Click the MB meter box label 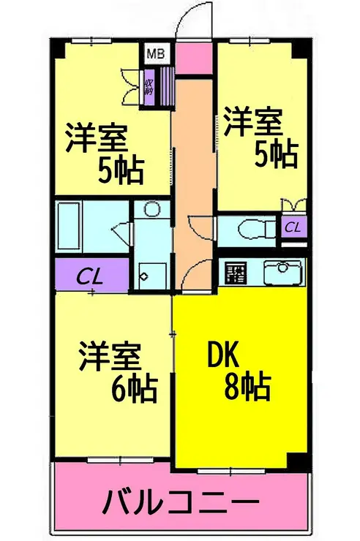tap(155, 53)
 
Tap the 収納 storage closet tap(149, 87)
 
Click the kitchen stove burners tap(236, 273)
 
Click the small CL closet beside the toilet tap(292, 227)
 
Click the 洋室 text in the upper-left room tap(98, 138)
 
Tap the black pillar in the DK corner tap(297, 462)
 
